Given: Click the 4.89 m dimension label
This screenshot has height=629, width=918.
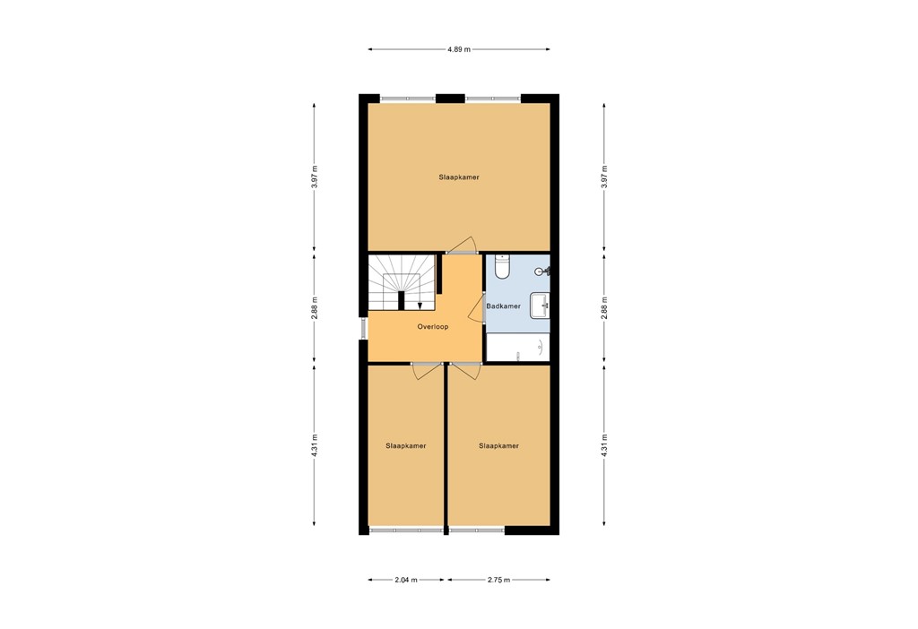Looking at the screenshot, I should pyautogui.click(x=459, y=49).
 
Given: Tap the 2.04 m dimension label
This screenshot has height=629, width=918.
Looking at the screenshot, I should pyautogui.click(x=407, y=580).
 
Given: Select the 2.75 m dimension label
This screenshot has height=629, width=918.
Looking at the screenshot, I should pyautogui.click(x=498, y=580).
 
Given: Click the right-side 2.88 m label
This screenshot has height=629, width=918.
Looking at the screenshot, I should pyautogui.click(x=603, y=308).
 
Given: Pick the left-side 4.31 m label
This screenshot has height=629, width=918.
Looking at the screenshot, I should pyautogui.click(x=314, y=445).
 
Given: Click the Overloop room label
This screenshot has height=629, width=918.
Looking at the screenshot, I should pyautogui.click(x=432, y=327).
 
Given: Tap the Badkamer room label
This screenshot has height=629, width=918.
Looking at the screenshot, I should pyautogui.click(x=503, y=306).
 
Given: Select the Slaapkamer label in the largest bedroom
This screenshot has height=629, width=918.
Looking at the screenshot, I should pyautogui.click(x=459, y=177).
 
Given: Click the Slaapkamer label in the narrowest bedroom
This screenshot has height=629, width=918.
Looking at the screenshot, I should pyautogui.click(x=405, y=445).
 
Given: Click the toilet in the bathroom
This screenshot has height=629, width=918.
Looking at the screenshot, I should pyautogui.click(x=502, y=266).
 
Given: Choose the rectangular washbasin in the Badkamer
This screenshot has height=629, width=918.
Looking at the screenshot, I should pyautogui.click(x=540, y=306).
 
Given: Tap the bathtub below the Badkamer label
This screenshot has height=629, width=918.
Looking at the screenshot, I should pyautogui.click(x=517, y=348).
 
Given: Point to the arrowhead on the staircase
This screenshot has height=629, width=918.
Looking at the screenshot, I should pyautogui.click(x=420, y=306).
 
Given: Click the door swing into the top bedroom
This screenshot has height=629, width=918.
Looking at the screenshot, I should pyautogui.click(x=463, y=245).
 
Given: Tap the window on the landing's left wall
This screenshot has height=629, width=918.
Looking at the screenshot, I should pyautogui.click(x=365, y=327).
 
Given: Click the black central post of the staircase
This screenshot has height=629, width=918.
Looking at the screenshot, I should pyautogui.click(x=402, y=299).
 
